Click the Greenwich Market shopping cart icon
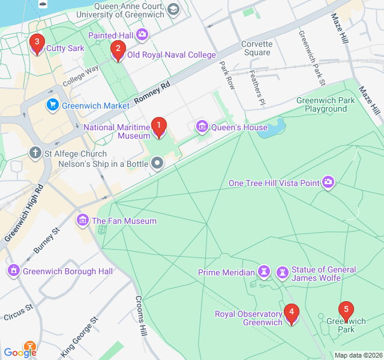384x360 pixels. (x=53, y=105)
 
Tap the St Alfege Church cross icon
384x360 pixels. (x=36, y=154)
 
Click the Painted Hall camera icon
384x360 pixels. (x=142, y=35)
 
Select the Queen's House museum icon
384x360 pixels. (x=202, y=127)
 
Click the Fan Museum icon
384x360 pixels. (x=83, y=221)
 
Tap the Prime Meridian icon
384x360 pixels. (x=263, y=272)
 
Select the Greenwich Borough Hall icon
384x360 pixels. (x=13, y=271)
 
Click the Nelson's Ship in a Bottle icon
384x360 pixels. (x=157, y=163)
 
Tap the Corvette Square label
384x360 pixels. (x=257, y=48)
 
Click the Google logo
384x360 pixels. (x=20, y=352)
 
